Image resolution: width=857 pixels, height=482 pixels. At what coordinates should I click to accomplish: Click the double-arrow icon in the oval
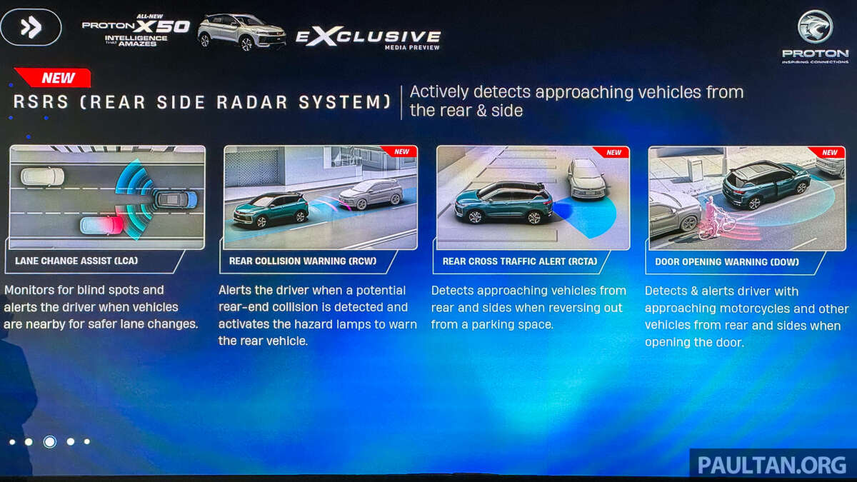31,27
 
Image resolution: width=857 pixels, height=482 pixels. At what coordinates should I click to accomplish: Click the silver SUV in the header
242,32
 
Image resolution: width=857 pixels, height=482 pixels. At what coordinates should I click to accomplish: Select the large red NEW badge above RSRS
54,78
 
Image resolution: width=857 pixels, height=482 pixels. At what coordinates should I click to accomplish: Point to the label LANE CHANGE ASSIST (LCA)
76,261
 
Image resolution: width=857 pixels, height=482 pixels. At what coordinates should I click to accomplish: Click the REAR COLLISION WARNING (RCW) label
303,261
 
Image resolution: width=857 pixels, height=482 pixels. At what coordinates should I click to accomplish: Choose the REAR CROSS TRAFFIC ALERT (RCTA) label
520,261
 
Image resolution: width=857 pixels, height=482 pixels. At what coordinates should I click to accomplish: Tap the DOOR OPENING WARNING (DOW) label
727,262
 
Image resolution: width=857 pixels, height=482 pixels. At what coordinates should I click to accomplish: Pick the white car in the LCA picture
42,176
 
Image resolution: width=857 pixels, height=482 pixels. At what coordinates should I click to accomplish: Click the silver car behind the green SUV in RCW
371,194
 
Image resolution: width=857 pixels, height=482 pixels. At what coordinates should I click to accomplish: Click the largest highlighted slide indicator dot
50,442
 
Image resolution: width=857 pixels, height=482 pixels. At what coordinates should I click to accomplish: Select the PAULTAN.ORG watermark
772,465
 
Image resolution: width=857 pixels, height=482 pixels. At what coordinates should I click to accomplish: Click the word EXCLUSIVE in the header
368,37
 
